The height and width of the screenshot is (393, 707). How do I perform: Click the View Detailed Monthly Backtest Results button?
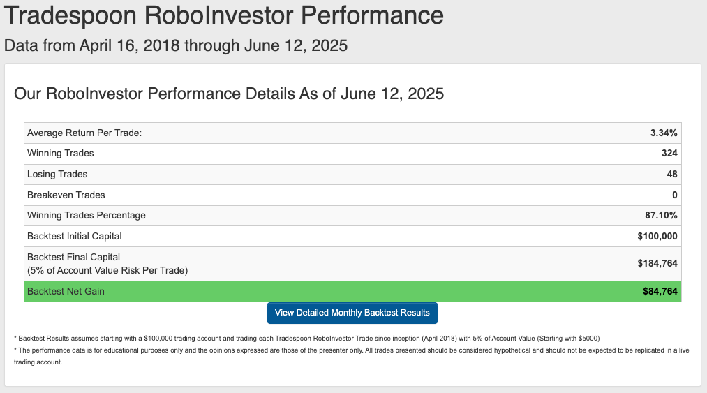pyautogui.click(x=352, y=313)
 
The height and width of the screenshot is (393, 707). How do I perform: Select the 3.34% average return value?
pyautogui.click(x=663, y=133)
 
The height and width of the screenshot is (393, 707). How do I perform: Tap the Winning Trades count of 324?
pyautogui.click(x=669, y=153)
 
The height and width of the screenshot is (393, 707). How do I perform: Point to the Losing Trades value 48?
pyautogui.click(x=672, y=175)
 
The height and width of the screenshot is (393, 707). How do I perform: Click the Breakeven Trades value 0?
pyautogui.click(x=674, y=195)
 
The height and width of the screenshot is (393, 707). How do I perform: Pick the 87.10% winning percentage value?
pyautogui.click(x=661, y=215)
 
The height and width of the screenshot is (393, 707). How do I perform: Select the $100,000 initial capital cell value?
pyautogui.click(x=657, y=236)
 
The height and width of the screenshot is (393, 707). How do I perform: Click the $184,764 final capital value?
pyautogui.click(x=657, y=263)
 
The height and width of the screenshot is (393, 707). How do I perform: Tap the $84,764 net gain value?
pyautogui.click(x=660, y=292)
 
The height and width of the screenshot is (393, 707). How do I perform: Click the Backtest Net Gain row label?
pyautogui.click(x=66, y=292)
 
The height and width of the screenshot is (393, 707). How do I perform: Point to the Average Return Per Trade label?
pyautogui.click(x=84, y=133)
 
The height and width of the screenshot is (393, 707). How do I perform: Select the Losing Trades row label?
pyautogui.click(x=57, y=175)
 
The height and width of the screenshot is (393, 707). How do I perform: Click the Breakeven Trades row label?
pyautogui.click(x=66, y=195)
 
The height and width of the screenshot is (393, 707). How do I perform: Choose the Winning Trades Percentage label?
pyautogui.click(x=86, y=215)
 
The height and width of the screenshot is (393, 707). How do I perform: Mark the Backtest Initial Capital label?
pyautogui.click(x=75, y=236)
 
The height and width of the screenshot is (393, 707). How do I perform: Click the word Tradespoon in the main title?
pyautogui.click(x=70, y=15)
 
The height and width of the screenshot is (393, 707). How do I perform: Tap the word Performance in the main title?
pyautogui.click(x=372, y=15)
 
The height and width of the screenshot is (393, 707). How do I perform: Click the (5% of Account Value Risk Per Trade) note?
pyautogui.click(x=107, y=270)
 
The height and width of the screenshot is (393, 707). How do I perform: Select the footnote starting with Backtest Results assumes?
pyautogui.click(x=306, y=339)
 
